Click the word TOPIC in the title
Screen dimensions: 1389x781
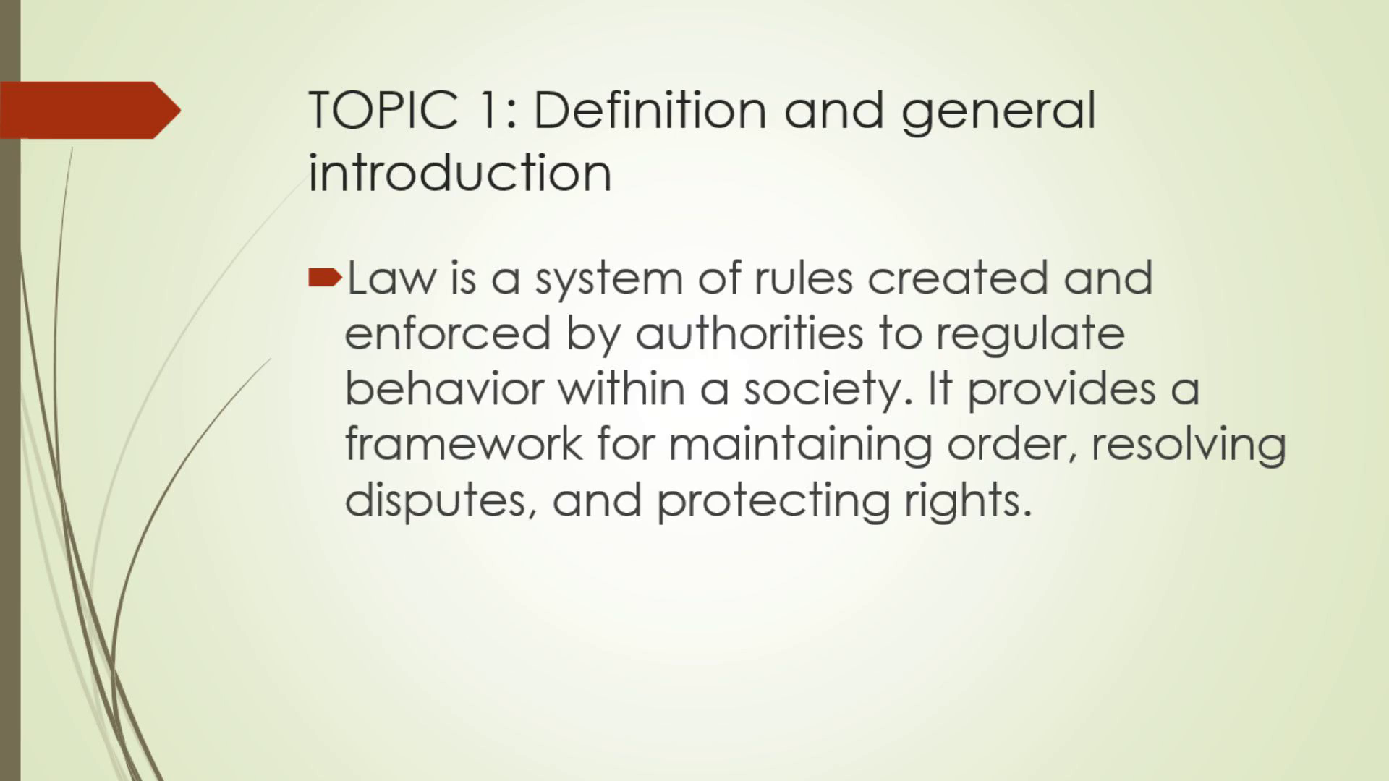coord(383,110)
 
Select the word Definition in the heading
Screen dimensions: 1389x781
coord(650,110)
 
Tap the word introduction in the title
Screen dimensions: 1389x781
coord(460,173)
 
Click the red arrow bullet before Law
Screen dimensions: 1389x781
coord(325,277)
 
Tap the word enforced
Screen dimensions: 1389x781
coord(447,333)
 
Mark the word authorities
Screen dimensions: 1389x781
coord(749,333)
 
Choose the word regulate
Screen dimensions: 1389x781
coord(1030,337)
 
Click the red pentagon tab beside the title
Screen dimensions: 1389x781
coord(90,110)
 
